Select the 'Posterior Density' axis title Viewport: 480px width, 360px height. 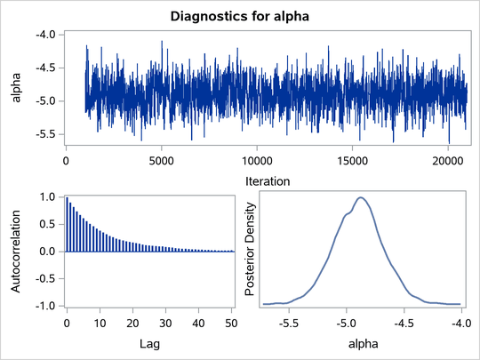pyautogui.click(x=251, y=252)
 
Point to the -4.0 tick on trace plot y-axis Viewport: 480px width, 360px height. pyautogui.click(x=46, y=34)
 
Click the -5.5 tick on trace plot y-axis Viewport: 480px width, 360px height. pyautogui.click(x=46, y=134)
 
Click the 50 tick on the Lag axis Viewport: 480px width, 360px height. pyautogui.click(x=229, y=321)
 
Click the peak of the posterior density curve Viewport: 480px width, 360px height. pyautogui.click(x=360, y=198)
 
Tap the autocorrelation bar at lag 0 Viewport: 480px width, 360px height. pyautogui.click(x=67, y=224)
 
